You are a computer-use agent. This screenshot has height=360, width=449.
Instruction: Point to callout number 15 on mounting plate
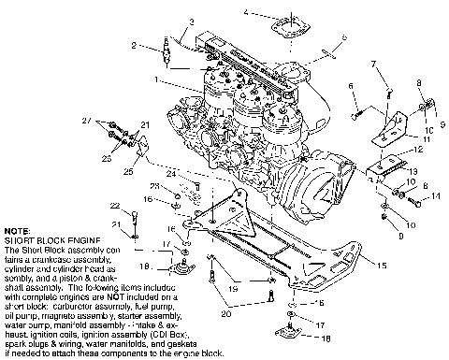(381, 266)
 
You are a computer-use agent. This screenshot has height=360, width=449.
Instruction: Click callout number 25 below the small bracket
(128, 171)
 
